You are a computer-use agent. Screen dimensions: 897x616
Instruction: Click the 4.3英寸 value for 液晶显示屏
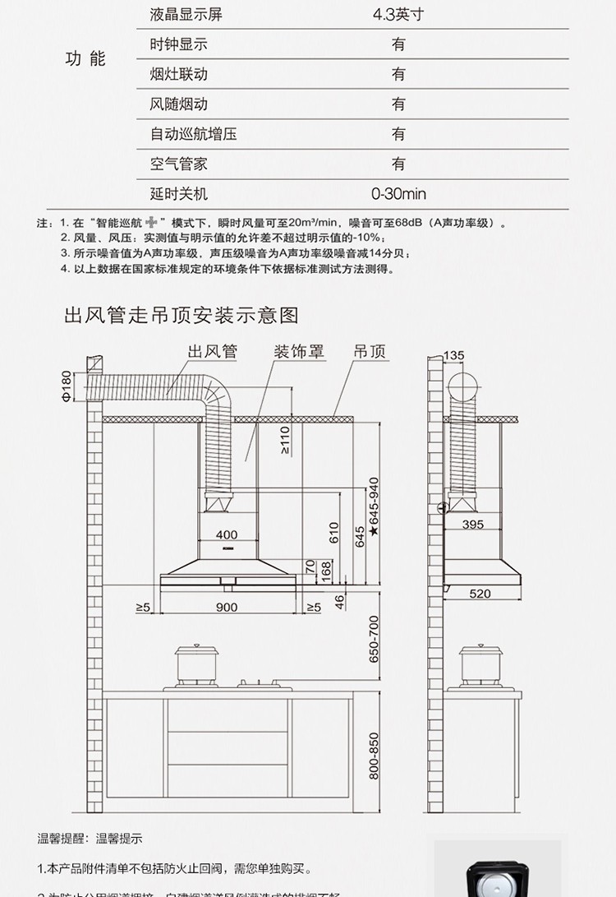pyautogui.click(x=398, y=15)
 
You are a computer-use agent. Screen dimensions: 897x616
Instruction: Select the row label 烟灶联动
pyautogui.click(x=179, y=74)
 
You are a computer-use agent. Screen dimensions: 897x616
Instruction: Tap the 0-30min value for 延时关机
pyautogui.click(x=398, y=195)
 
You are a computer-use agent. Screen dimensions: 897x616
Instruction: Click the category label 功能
pyautogui.click(x=85, y=59)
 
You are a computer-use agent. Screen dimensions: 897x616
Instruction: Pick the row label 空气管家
pyautogui.click(x=179, y=164)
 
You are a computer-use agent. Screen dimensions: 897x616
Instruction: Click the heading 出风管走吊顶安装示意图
pyautogui.click(x=181, y=315)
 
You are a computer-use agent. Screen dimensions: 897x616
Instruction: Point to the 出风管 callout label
pyautogui.click(x=213, y=352)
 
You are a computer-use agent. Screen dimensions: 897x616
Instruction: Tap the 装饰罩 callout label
pyautogui.click(x=299, y=352)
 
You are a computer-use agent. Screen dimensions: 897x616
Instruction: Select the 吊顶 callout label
pyautogui.click(x=370, y=352)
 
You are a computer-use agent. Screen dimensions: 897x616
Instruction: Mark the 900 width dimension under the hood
pyautogui.click(x=227, y=608)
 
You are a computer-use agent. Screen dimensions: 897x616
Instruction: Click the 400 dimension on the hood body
pyautogui.click(x=227, y=535)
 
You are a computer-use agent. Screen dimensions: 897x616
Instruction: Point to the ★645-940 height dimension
pyautogui.click(x=374, y=506)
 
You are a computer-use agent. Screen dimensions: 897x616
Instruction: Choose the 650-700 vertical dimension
pyautogui.click(x=374, y=640)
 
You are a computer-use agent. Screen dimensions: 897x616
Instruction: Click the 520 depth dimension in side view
pyautogui.click(x=480, y=594)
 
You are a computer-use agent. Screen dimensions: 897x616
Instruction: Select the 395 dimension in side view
pyautogui.click(x=473, y=524)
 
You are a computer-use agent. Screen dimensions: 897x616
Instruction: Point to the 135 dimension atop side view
pyautogui.click(x=453, y=355)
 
